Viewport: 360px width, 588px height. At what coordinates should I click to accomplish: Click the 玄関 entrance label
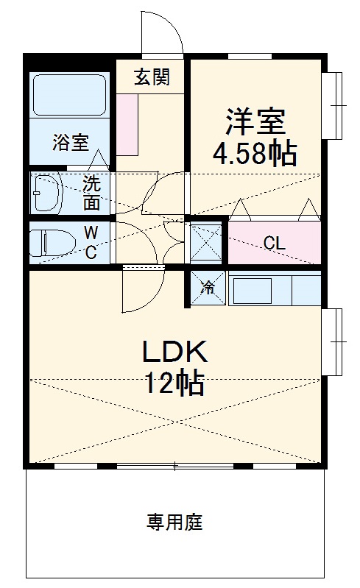click(x=152, y=77)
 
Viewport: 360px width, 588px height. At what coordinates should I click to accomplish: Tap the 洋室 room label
click(x=255, y=121)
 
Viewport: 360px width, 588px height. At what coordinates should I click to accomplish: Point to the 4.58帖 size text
click(x=255, y=153)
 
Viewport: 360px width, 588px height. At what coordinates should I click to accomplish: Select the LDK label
click(x=174, y=352)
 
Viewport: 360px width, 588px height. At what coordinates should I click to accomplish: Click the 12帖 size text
click(x=174, y=383)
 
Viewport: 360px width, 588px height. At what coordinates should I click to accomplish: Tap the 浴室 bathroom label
click(x=71, y=143)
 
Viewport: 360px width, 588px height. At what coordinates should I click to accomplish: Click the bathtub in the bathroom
click(x=69, y=95)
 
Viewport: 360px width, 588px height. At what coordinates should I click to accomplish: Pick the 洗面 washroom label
click(x=91, y=192)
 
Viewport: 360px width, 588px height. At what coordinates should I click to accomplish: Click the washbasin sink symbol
click(x=48, y=193)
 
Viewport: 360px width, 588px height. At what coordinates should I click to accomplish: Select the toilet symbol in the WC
click(x=52, y=243)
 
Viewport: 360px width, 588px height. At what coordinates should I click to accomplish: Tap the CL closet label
click(x=275, y=244)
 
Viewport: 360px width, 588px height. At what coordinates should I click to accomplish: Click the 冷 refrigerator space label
click(x=208, y=288)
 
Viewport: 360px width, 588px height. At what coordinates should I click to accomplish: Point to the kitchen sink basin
click(x=253, y=291)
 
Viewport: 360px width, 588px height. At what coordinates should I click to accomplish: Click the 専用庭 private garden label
click(x=174, y=522)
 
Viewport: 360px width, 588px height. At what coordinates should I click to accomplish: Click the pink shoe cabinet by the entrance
click(x=127, y=124)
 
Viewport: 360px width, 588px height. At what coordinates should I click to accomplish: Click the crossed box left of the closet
click(x=206, y=242)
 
